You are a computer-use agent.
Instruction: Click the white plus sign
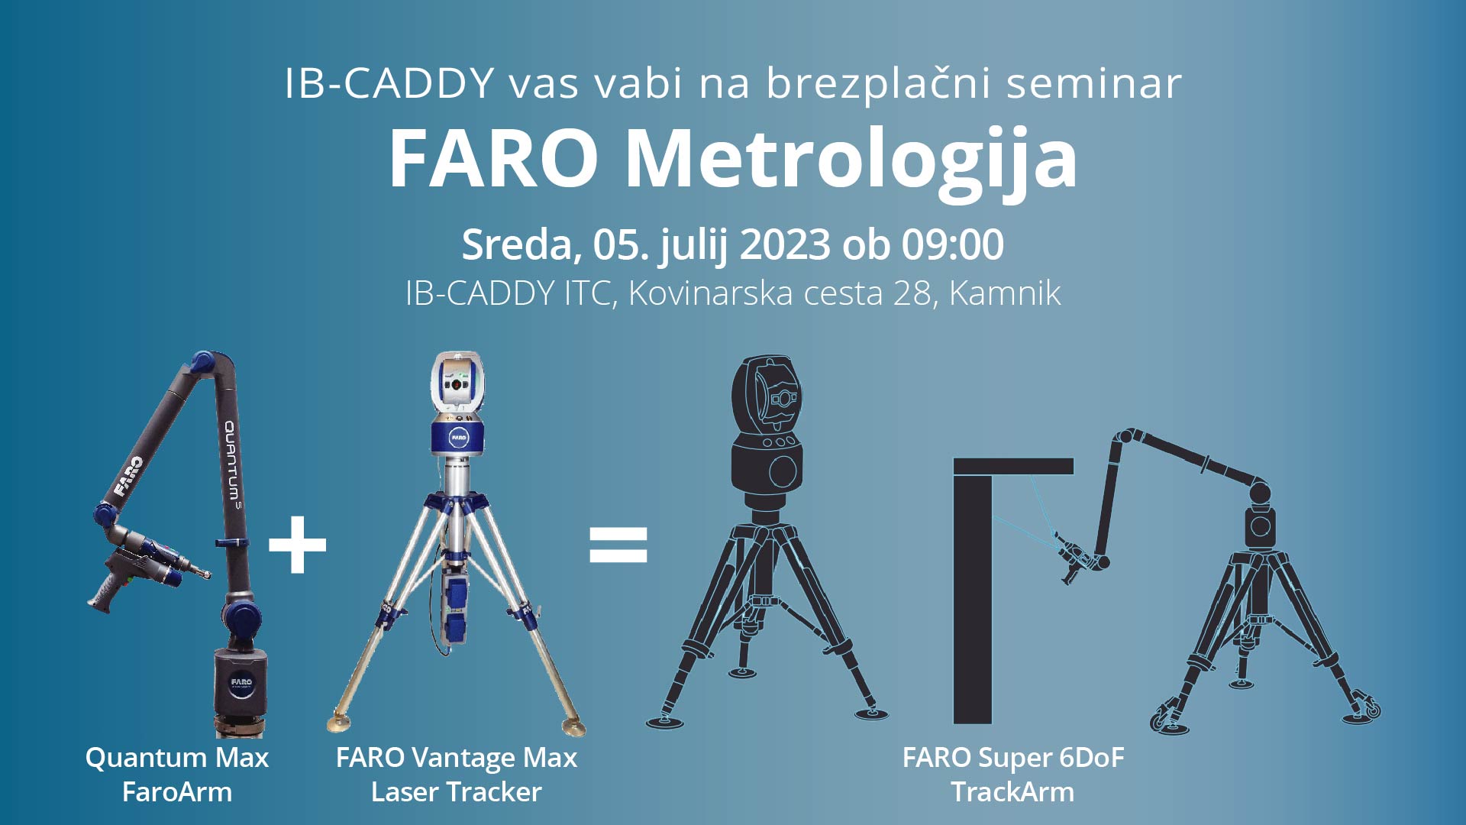(x=298, y=545)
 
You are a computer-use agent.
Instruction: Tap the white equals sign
(x=618, y=545)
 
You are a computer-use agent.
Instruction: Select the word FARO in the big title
(x=493, y=158)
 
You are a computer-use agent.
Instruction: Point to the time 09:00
(x=952, y=245)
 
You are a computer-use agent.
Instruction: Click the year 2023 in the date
(x=784, y=245)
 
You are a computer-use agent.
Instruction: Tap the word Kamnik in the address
(x=1005, y=293)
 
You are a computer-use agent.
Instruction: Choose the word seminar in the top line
(x=1094, y=83)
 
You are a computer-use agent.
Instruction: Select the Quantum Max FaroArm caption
(x=177, y=775)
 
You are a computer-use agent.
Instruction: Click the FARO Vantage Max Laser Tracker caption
(x=457, y=775)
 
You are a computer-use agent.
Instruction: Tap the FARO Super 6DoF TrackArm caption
(x=1013, y=775)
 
